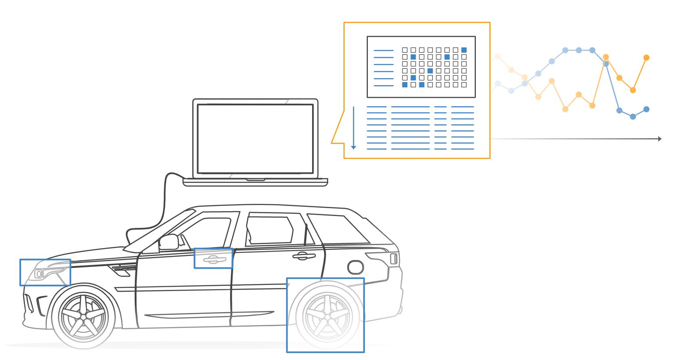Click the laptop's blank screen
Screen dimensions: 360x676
[x=255, y=139]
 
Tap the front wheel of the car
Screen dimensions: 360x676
[x=83, y=316]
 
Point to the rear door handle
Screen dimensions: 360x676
[x=303, y=256]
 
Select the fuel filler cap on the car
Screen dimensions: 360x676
[x=355, y=266]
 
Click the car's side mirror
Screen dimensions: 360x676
[x=169, y=241]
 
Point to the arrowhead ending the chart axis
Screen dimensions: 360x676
[x=659, y=139]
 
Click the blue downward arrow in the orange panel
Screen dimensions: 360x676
[x=353, y=127]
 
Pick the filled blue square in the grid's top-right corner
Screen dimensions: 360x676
[x=464, y=50]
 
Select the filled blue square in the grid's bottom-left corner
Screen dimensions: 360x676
[x=405, y=85]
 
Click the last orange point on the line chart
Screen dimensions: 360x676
[x=646, y=58]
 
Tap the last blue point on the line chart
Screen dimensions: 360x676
[x=646, y=109]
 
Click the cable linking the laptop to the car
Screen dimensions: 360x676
[x=165, y=202]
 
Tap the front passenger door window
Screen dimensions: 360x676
[x=206, y=233]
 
